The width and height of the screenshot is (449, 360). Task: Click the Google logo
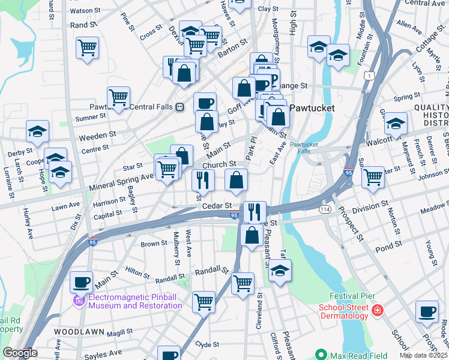[x=19, y=353]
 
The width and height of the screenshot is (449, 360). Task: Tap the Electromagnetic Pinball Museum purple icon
[x=79, y=301]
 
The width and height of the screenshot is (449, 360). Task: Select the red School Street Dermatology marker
[x=376, y=311]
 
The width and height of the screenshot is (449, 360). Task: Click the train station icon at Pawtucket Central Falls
[x=179, y=107]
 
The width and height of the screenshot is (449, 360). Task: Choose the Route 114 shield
[x=325, y=208]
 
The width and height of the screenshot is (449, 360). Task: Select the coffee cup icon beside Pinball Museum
[x=82, y=281]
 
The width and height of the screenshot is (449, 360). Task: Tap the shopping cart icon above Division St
[x=373, y=177]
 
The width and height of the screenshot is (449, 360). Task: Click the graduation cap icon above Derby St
[x=37, y=132]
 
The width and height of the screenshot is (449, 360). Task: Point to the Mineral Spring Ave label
[x=121, y=178]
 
